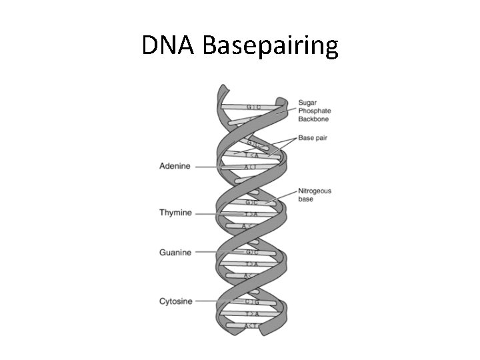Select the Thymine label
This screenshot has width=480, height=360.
175,213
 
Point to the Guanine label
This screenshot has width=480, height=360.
175,253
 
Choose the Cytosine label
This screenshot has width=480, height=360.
175,301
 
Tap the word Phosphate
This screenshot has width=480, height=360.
315,111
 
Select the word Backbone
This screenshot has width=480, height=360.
314,119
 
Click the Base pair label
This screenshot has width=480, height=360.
314,138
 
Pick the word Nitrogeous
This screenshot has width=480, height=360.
315,191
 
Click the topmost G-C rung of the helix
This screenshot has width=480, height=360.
254,107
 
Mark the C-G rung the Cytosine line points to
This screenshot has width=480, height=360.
252,302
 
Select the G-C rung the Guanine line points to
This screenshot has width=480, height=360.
252,253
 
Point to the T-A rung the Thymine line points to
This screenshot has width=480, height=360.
252,214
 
